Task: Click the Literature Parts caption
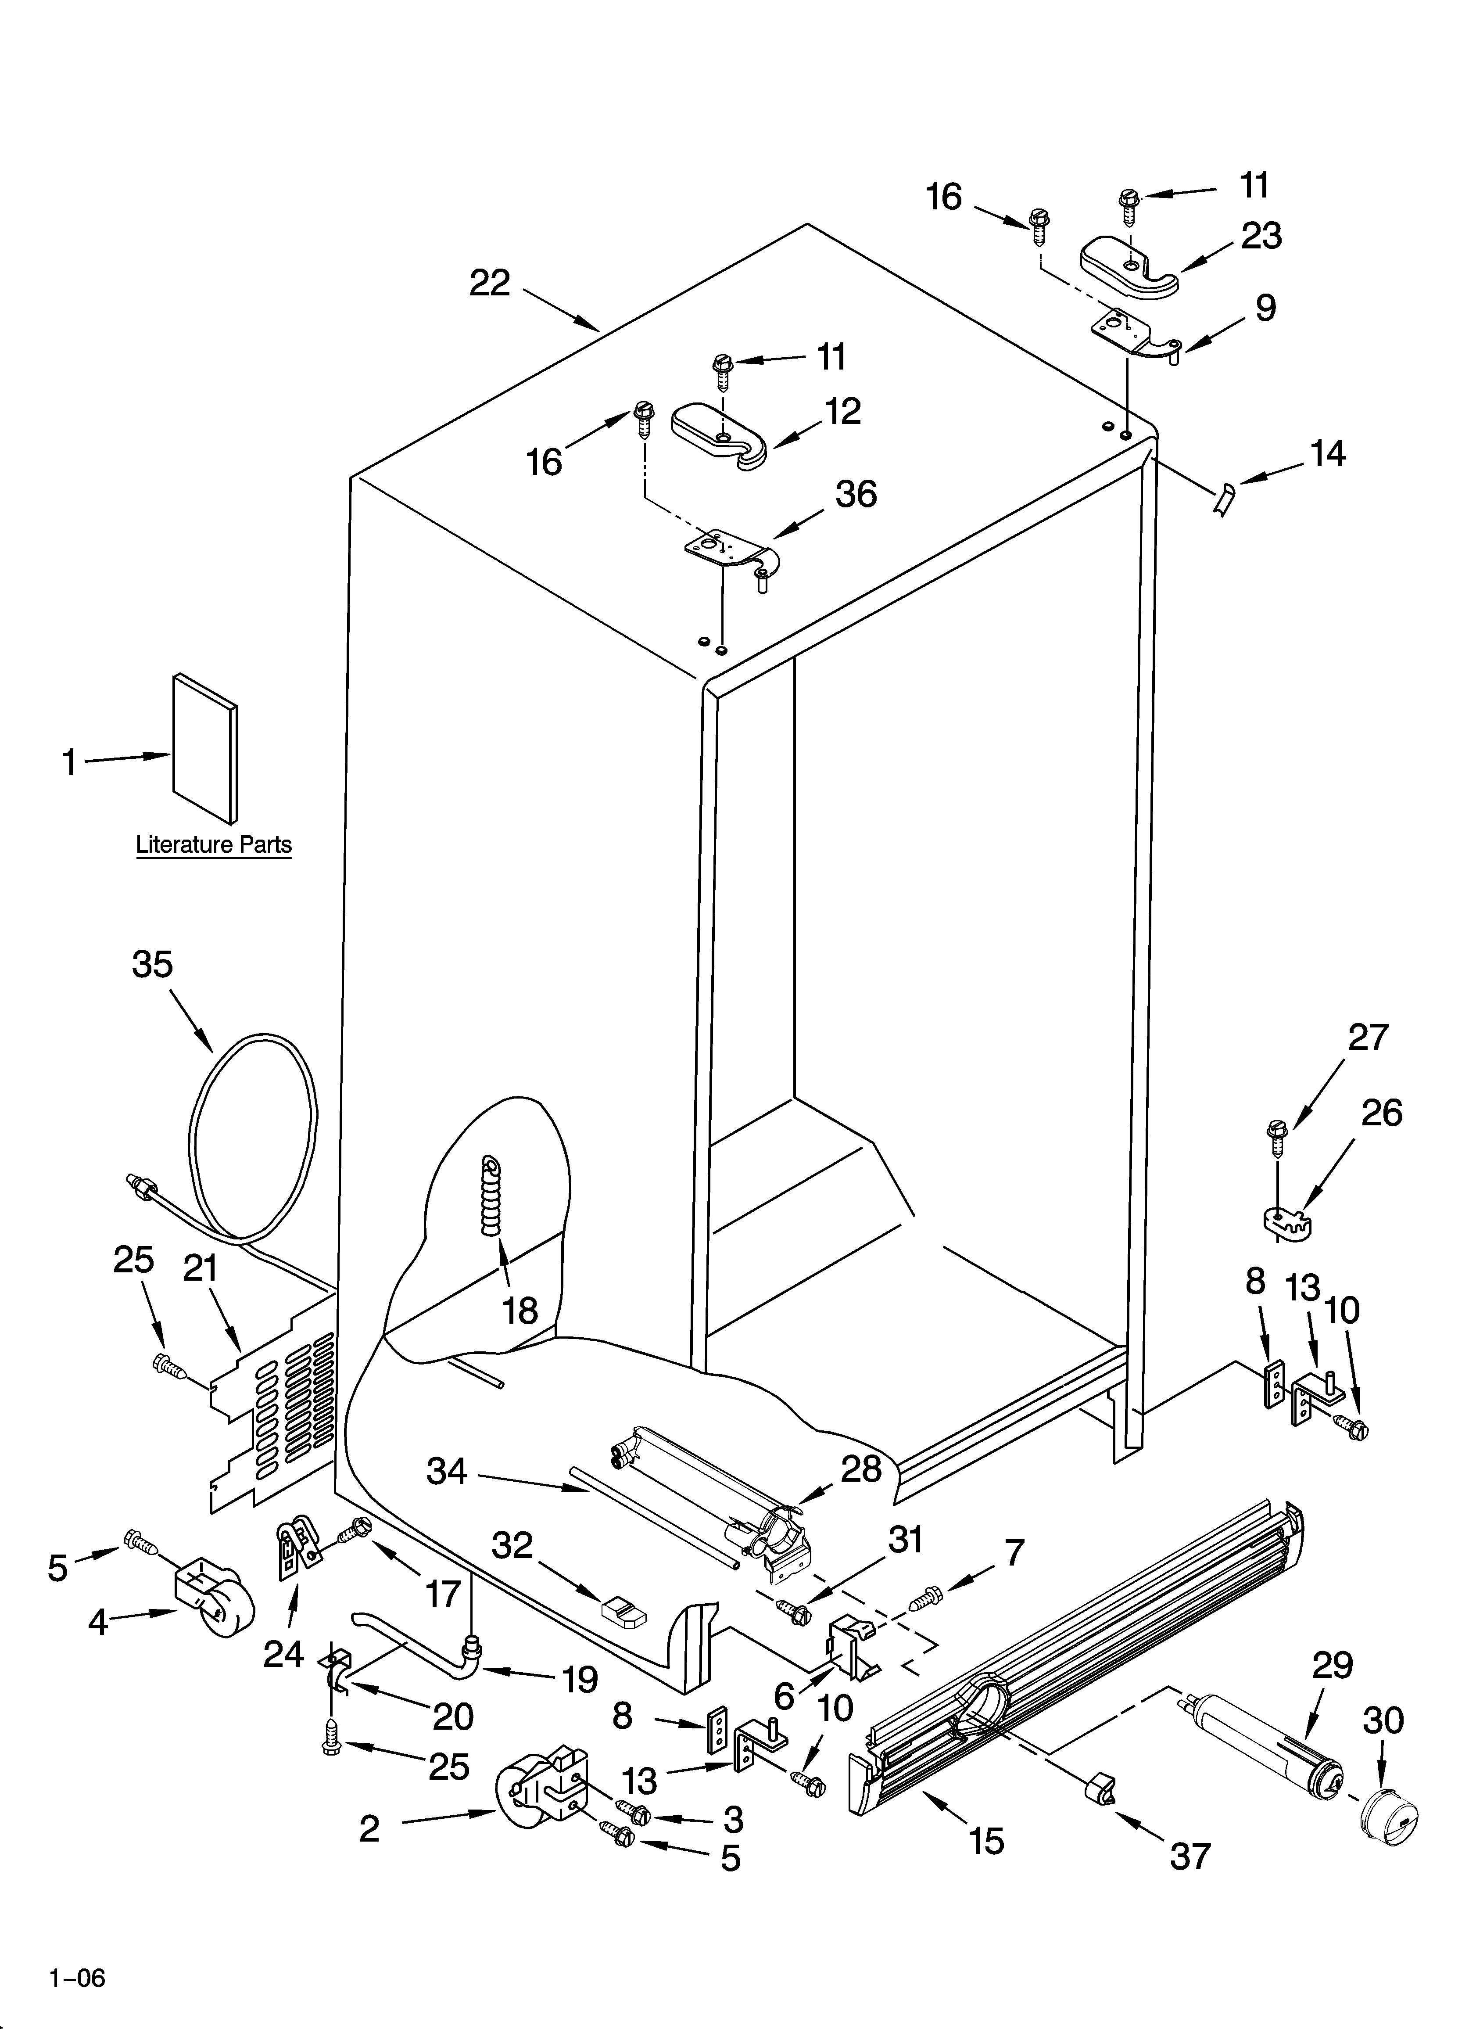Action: [x=214, y=844]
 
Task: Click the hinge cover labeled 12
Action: [x=721, y=434]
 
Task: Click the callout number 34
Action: [x=446, y=1471]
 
